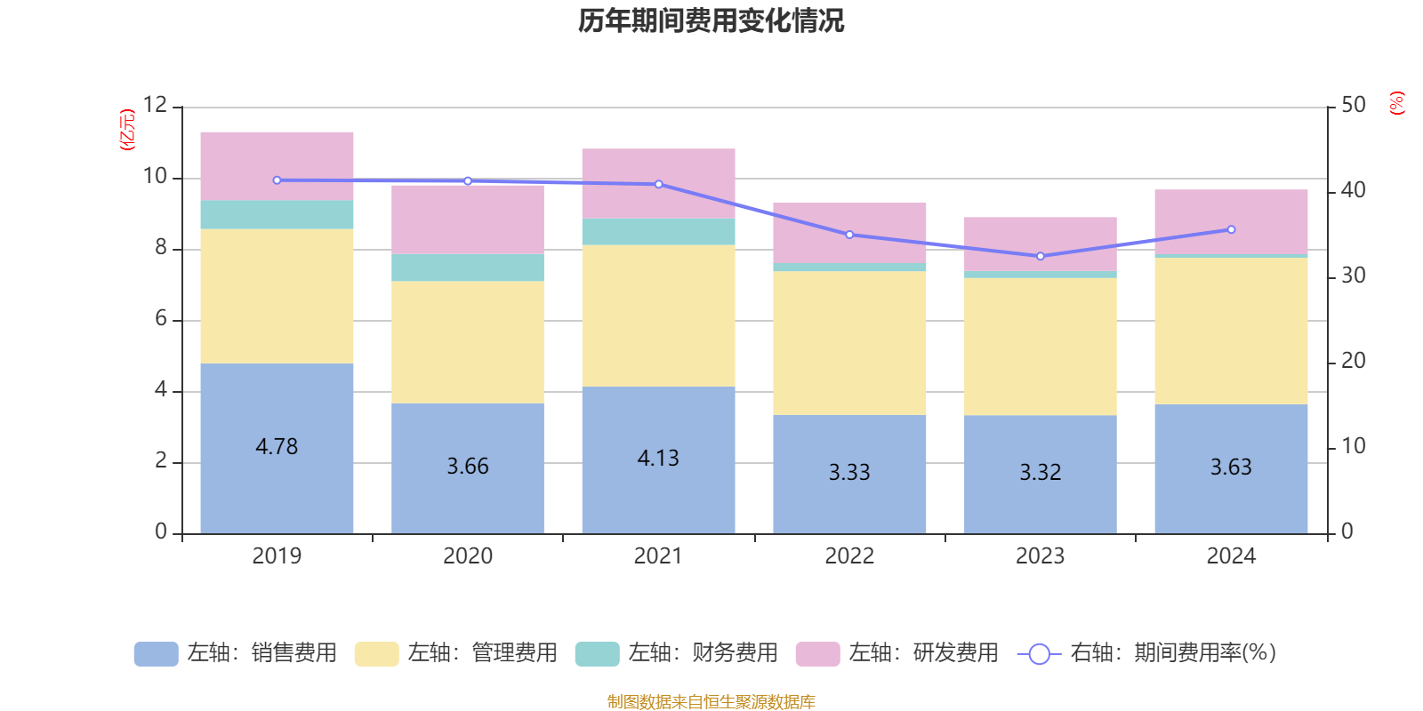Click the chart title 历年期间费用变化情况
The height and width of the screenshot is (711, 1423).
click(711, 20)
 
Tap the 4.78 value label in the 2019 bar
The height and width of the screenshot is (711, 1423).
click(277, 446)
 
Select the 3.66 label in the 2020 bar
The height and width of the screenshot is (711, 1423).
click(468, 466)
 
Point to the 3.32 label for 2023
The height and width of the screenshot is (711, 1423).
click(1041, 472)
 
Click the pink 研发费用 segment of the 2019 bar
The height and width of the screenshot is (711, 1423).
click(277, 165)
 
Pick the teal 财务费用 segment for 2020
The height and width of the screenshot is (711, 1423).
click(468, 268)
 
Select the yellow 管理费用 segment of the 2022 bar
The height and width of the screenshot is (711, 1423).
click(849, 342)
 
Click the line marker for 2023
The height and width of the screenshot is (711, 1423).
click(1041, 256)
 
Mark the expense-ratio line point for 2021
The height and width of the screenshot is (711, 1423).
click(659, 184)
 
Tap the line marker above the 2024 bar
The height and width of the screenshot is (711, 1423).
click(1232, 229)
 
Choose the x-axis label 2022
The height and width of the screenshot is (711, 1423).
click(849, 556)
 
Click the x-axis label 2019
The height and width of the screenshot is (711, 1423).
click(277, 556)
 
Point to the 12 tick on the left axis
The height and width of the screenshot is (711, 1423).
click(156, 105)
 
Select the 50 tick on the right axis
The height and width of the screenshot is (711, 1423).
click(1353, 105)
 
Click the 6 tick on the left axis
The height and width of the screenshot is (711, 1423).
click(161, 319)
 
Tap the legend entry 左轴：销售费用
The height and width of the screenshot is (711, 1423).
click(236, 653)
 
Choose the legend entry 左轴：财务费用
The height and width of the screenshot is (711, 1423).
click(677, 653)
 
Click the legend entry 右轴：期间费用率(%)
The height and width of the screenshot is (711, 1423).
click(1146, 653)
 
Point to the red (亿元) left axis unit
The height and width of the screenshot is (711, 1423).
click(127, 130)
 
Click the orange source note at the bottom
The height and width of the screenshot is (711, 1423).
click(711, 702)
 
